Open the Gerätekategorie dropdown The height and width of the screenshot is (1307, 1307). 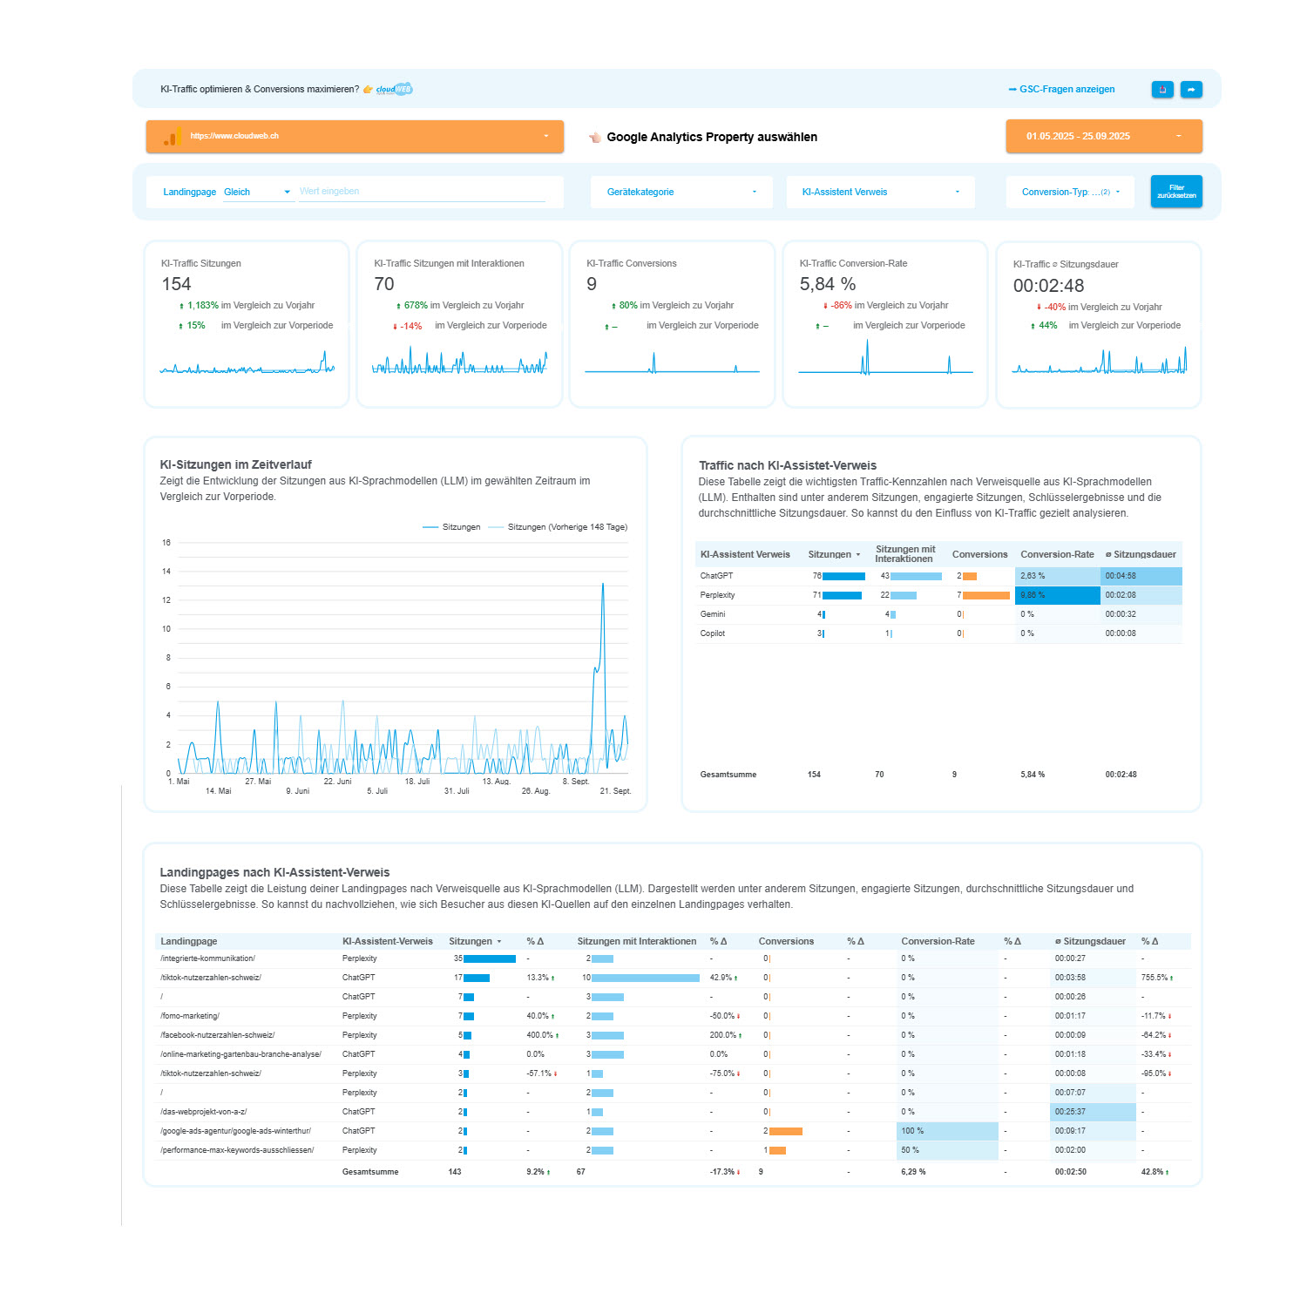tap(681, 192)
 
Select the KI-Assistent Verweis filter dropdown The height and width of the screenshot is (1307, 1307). tap(880, 192)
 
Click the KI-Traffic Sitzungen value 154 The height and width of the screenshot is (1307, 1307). tap(176, 284)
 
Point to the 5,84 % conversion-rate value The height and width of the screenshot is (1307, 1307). tap(828, 284)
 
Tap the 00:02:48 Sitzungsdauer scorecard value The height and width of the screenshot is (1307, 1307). tap(1048, 286)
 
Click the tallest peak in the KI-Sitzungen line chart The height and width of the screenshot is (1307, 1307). tap(603, 585)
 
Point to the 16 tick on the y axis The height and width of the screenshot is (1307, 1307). tap(166, 543)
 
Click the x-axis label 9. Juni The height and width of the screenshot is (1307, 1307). tap(297, 791)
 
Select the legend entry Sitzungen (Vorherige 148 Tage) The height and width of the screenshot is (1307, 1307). tap(566, 527)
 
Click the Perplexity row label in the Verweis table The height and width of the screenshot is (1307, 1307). tap(717, 595)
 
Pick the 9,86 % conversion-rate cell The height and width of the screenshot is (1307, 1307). tap(1057, 595)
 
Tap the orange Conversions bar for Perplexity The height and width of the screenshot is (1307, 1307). tap(985, 595)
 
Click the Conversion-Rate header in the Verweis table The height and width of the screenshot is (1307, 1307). tap(1057, 554)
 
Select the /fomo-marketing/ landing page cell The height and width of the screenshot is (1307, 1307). tap(190, 1016)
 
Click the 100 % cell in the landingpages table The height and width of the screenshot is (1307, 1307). tap(947, 1131)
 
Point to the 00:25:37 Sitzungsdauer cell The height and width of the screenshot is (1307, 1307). tap(1092, 1112)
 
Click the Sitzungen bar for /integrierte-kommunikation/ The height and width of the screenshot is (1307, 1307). tap(489, 958)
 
